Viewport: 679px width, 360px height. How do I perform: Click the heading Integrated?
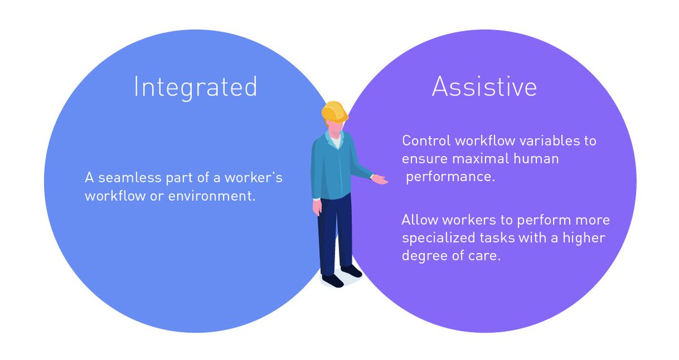pos(195,88)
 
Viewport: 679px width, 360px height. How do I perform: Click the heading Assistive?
pos(484,87)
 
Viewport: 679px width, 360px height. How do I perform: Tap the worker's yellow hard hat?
pos(334,110)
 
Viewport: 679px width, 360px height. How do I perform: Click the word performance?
pos(450,177)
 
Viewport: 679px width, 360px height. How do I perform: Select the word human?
pos(538,158)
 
